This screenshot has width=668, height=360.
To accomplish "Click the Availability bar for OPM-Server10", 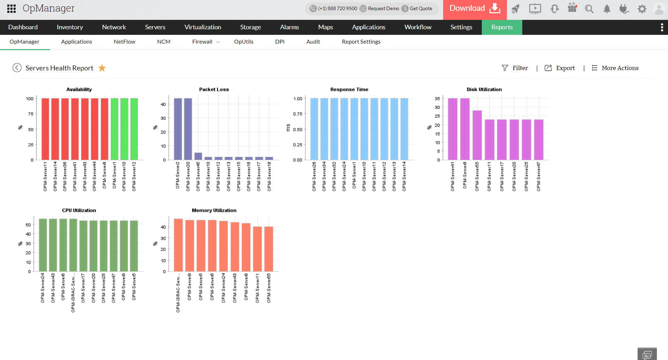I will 124,129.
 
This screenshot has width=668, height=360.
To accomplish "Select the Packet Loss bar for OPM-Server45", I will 198,156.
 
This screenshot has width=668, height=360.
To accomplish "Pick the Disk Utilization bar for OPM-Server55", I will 477,135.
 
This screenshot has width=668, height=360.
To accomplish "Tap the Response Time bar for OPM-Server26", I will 314,129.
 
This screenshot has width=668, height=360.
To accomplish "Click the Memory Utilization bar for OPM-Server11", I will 257,249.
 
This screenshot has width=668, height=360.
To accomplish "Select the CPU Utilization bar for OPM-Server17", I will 83,246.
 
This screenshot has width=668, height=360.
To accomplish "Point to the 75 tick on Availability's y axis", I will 31,114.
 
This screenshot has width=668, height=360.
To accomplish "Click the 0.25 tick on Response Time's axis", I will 297,145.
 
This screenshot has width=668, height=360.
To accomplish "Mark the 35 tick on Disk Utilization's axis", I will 437,99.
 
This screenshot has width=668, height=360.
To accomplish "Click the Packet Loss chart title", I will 214,90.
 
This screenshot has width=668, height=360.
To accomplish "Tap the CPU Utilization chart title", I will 79,210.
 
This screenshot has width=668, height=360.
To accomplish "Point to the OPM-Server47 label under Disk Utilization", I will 539,176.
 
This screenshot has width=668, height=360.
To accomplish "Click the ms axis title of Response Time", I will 288,128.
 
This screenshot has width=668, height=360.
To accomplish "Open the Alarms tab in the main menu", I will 289,27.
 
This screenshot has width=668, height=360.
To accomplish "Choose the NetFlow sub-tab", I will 124,42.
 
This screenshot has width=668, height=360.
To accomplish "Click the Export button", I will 560,68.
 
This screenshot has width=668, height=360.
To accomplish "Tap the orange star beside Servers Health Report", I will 102,68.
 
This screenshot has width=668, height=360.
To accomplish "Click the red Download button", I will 474,9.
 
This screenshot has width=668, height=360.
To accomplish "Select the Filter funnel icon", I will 504,68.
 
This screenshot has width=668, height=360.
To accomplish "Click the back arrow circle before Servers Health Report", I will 17,68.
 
